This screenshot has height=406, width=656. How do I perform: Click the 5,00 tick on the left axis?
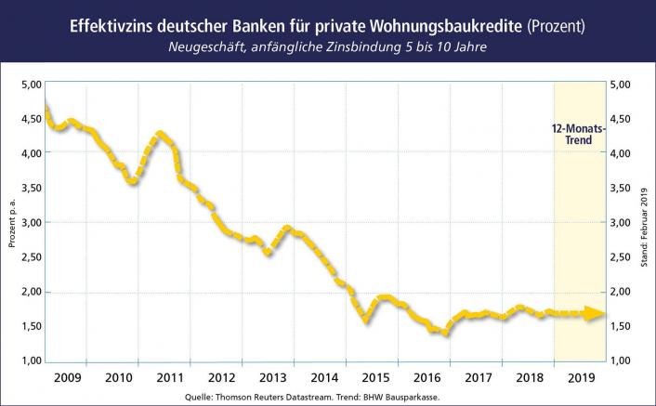(x=30, y=84)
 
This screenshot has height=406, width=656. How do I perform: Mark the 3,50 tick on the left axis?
(x=30, y=188)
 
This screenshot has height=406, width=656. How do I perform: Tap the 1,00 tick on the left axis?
(x=30, y=360)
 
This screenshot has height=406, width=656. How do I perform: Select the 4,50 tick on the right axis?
(x=622, y=118)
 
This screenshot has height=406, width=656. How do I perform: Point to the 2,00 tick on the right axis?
(x=622, y=292)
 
